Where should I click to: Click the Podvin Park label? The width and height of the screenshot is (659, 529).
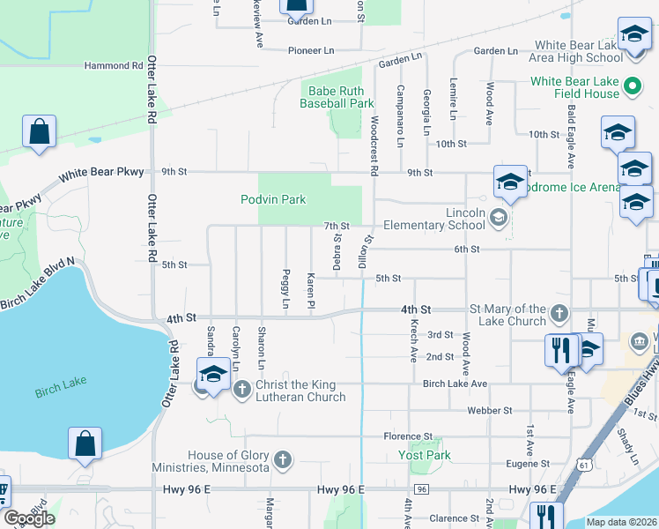pos(273,199)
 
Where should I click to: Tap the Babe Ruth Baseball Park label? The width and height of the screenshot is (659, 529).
pos(337,96)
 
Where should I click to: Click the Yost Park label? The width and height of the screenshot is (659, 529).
pos(427,456)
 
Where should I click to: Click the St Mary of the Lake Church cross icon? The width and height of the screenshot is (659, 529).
pos(559,314)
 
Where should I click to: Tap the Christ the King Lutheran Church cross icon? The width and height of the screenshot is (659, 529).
pos(243,389)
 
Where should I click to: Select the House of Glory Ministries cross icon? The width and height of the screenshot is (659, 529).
pos(283,460)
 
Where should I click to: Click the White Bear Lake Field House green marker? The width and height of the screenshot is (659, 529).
pos(631,87)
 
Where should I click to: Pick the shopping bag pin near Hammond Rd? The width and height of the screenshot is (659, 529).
pos(40,132)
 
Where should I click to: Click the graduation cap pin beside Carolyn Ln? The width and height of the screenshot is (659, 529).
pos(212,375)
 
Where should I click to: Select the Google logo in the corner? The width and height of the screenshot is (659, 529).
pos(29,518)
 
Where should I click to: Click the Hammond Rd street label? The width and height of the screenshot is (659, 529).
pos(113,65)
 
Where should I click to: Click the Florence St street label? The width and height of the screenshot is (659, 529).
pos(407,436)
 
